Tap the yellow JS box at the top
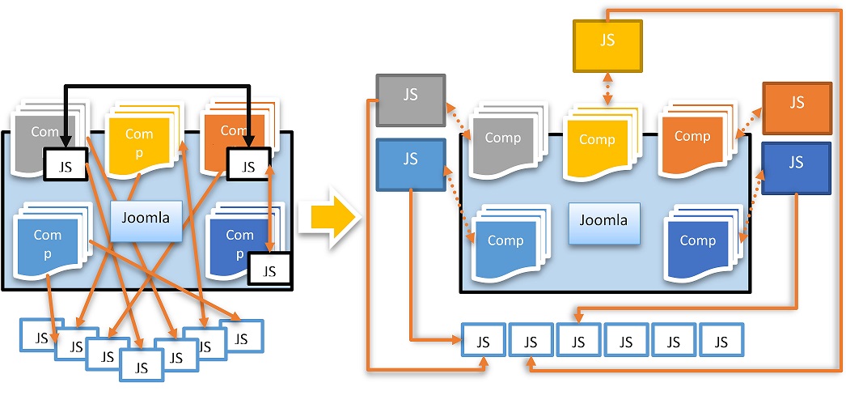coord(607,44)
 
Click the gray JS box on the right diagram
coord(410,100)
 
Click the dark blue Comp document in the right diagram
coord(697,242)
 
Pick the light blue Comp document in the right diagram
coord(505,242)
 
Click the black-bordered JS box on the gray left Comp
coord(66,167)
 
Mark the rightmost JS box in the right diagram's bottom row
coord(720,342)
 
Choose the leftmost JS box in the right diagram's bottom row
coord(483,342)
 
